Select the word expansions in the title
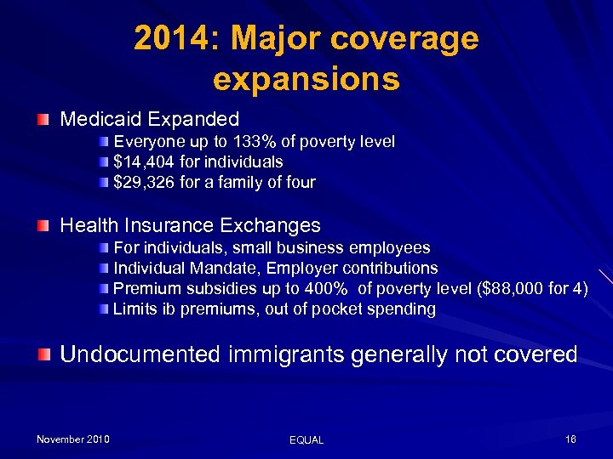click(306, 79)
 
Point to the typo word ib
click(163, 309)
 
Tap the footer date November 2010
click(72, 439)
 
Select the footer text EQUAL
click(306, 440)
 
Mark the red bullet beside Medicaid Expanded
click(43, 120)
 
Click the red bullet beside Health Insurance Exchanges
click(43, 226)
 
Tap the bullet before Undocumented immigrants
click(43, 354)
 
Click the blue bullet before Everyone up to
click(103, 141)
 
